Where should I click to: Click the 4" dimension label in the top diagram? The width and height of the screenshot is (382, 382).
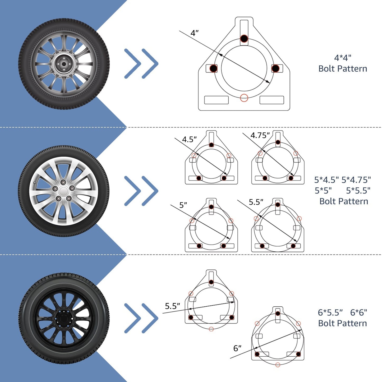194,33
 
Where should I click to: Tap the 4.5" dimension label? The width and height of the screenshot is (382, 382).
189,139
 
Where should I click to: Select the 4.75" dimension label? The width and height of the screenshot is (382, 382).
260,135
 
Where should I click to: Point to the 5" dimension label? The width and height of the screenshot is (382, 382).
183,205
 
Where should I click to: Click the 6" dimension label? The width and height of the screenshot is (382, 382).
237,348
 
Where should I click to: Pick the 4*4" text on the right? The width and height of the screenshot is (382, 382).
343,58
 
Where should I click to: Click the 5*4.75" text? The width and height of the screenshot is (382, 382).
356,180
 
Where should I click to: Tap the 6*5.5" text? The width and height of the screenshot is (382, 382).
330,312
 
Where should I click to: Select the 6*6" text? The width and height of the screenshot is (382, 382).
358,312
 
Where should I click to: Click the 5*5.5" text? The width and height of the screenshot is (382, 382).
358,190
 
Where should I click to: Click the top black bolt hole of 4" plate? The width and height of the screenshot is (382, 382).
244,39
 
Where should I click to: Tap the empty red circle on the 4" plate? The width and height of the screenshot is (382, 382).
244,98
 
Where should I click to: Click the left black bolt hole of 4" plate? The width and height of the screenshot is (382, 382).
213,68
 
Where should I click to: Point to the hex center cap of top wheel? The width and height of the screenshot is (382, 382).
64,64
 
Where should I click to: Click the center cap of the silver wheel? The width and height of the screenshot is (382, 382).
63,191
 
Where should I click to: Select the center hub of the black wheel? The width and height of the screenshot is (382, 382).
63,318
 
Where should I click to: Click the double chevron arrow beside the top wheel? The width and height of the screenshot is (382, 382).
141,64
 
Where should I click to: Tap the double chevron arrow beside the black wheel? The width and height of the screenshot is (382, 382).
141,318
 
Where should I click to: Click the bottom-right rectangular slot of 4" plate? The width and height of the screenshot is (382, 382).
272,100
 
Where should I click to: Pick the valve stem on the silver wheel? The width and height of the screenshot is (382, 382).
35,183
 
